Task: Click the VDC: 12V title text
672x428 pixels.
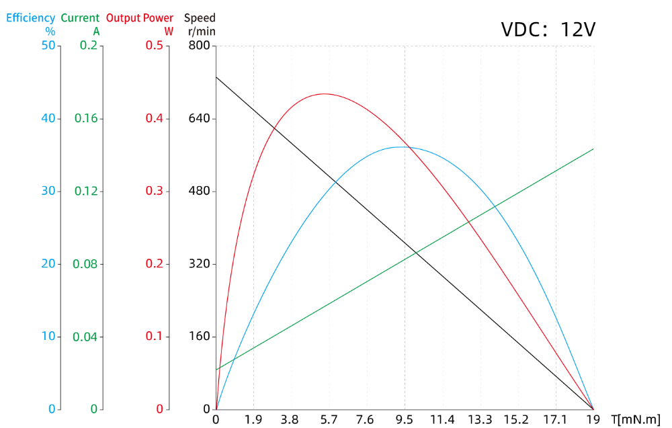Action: (x=548, y=30)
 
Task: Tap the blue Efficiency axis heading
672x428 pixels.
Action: (x=31, y=18)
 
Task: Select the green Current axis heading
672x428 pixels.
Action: (x=80, y=18)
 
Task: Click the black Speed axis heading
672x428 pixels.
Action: (x=200, y=18)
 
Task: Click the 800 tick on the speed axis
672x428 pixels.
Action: (x=198, y=46)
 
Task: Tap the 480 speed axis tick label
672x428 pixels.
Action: (x=198, y=191)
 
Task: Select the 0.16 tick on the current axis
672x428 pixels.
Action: (x=86, y=118)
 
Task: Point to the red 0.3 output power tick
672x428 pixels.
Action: (x=154, y=191)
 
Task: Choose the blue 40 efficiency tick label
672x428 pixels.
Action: (x=48, y=118)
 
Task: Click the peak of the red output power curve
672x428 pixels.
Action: (x=325, y=93)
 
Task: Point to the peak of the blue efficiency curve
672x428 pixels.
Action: (x=402, y=146)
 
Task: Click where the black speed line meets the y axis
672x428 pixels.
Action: (x=216, y=77)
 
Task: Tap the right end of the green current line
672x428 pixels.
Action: (x=593, y=149)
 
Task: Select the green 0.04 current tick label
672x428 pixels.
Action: (x=86, y=337)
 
